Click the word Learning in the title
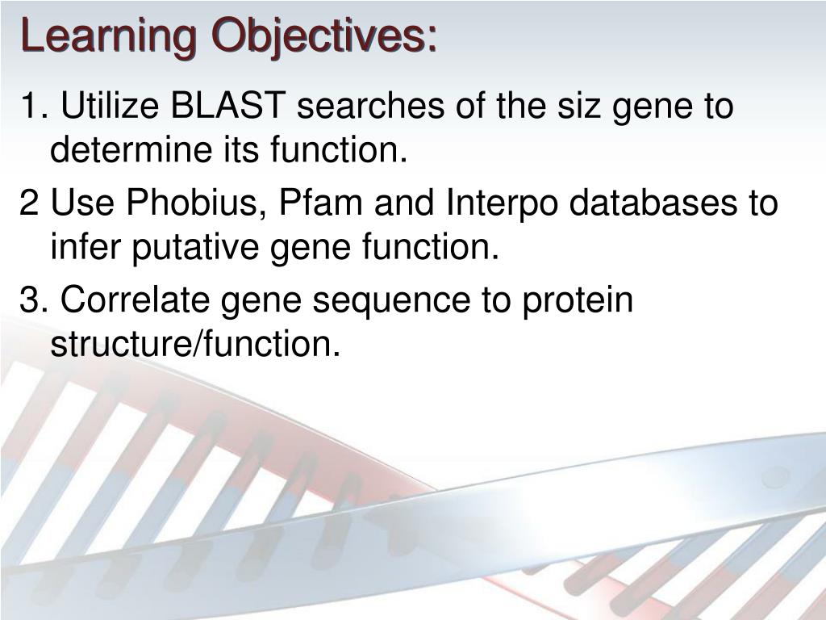[x=109, y=36]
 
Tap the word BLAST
[x=228, y=105]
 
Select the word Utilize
[x=110, y=105]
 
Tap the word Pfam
[x=320, y=202]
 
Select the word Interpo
[x=502, y=203]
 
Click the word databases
[x=653, y=202]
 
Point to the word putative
[x=195, y=247]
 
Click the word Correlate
[x=135, y=300]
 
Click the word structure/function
[x=195, y=344]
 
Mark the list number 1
[x=31, y=105]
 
